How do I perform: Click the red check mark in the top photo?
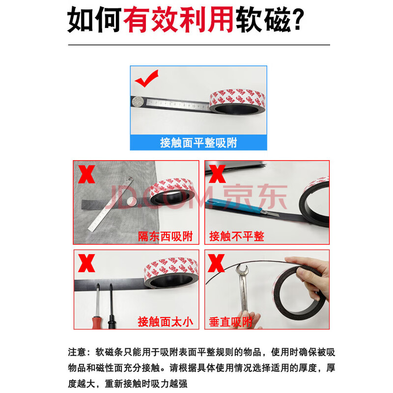coord(146,78)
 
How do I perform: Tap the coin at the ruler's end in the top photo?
coord(138,102)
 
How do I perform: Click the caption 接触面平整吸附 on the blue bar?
coord(198,142)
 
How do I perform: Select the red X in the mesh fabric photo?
coord(86,174)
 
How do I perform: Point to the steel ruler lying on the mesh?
coord(111,204)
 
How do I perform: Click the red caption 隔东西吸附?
coord(166,236)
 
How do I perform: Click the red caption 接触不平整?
coord(237,236)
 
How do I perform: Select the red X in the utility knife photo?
coord(217,174)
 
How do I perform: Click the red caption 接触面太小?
coord(166,322)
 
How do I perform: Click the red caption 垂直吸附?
coord(230,322)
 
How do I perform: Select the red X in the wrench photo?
coord(216,263)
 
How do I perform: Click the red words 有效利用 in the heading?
coord(178,20)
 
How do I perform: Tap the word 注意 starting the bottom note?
coord(77,352)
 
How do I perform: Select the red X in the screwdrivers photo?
coord(86,263)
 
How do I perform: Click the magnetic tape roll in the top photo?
coord(237,101)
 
